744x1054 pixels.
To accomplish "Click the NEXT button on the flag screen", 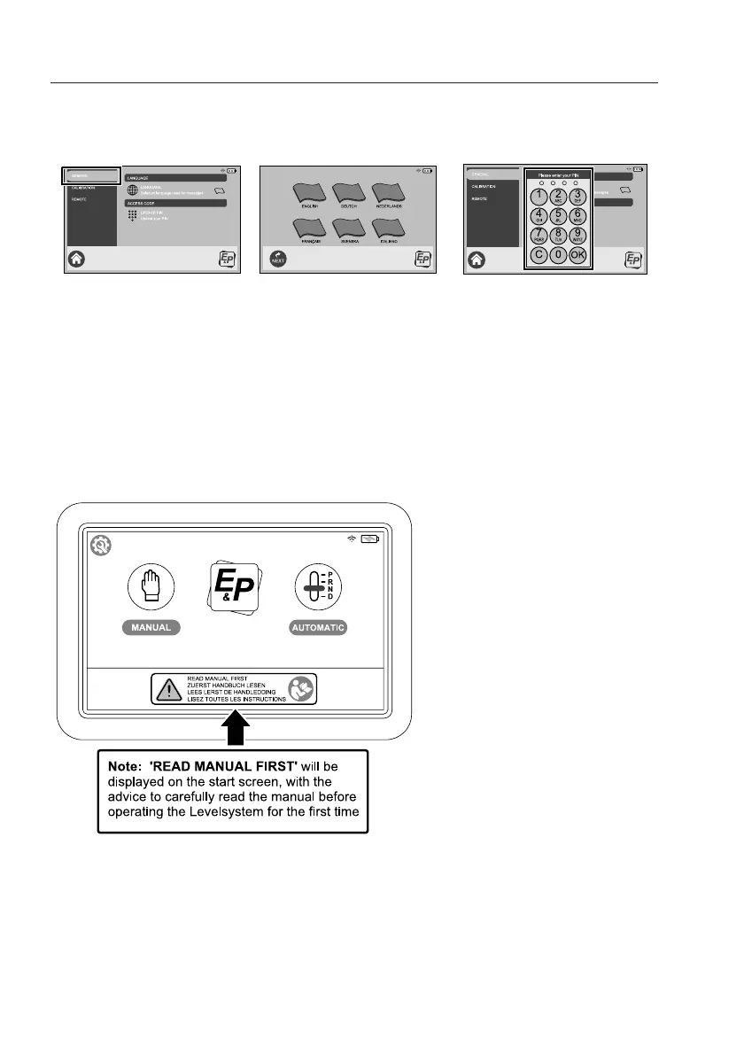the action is pos(279,260).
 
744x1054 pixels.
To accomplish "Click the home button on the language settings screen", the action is pos(77,260).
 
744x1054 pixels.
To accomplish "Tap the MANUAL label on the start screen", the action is pos(151,627).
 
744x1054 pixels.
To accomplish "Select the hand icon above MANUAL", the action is pos(151,585).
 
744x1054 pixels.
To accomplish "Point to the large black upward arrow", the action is pos(234,732).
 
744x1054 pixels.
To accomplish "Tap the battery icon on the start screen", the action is pos(368,539).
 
